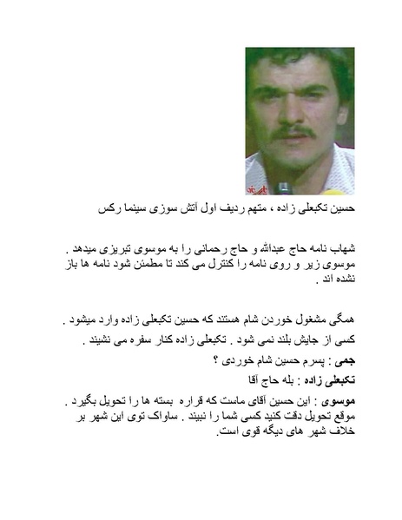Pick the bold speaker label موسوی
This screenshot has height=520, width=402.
(364, 401)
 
